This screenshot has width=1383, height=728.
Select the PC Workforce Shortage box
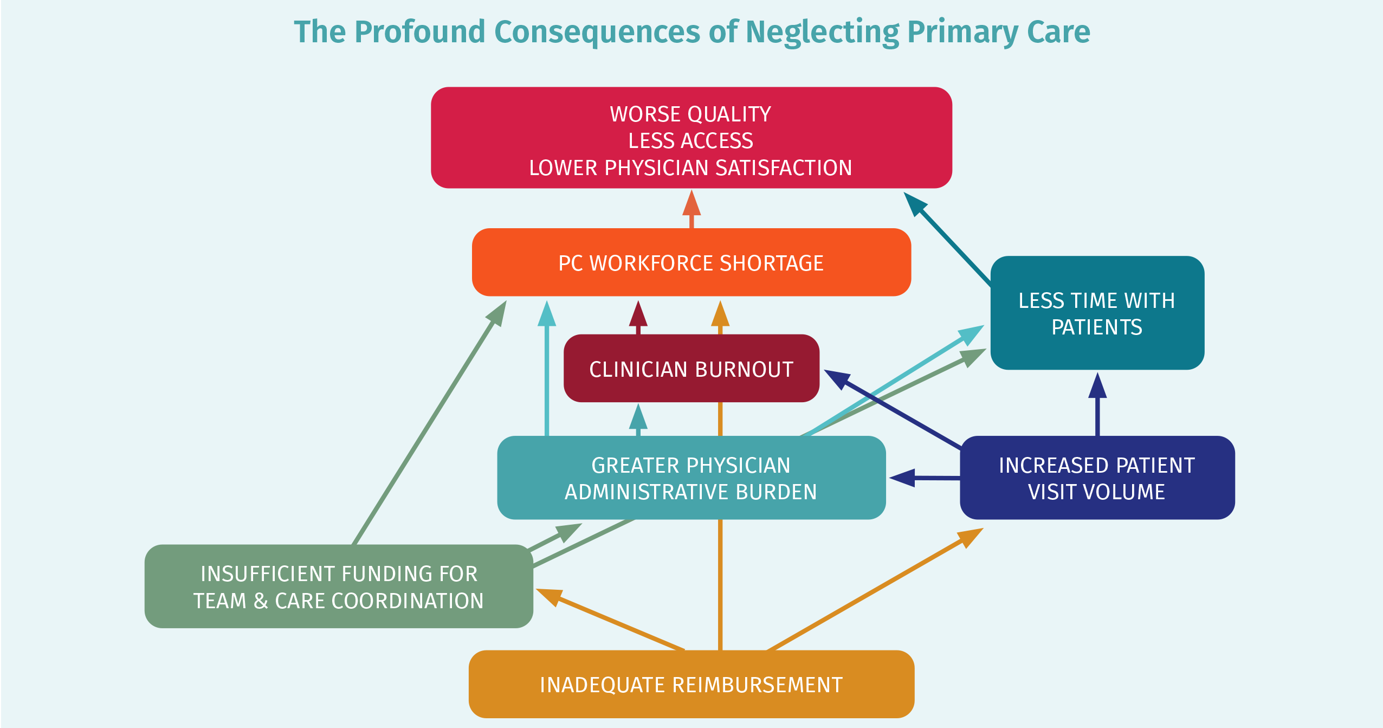click(691, 263)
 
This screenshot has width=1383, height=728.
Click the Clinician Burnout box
click(691, 369)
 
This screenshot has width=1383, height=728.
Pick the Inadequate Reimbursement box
click(691, 685)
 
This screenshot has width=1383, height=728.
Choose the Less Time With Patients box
click(1097, 313)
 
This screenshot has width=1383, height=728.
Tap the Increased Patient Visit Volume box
click(1097, 478)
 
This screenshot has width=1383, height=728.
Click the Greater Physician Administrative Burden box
click(691, 478)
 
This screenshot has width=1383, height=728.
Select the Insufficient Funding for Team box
click(339, 587)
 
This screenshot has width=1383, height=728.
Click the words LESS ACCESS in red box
click(691, 141)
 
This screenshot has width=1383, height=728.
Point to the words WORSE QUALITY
click(691, 114)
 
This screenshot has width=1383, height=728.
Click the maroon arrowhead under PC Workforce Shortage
click(638, 315)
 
